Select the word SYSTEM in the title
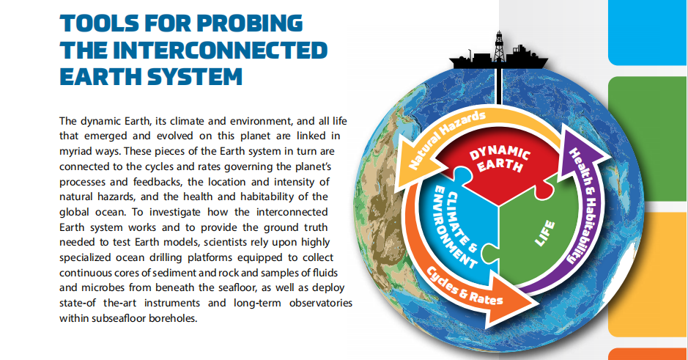(x=194, y=76)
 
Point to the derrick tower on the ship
(x=499, y=45)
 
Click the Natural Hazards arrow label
(x=447, y=139)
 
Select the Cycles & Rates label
(x=465, y=286)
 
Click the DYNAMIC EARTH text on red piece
(x=500, y=158)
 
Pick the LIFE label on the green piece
(x=545, y=233)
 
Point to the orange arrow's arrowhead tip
(x=539, y=304)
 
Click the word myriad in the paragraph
(x=76, y=152)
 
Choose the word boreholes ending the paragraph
(x=173, y=318)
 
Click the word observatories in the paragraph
(x=321, y=303)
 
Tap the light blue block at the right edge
(x=648, y=32)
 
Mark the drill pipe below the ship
(x=499, y=86)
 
